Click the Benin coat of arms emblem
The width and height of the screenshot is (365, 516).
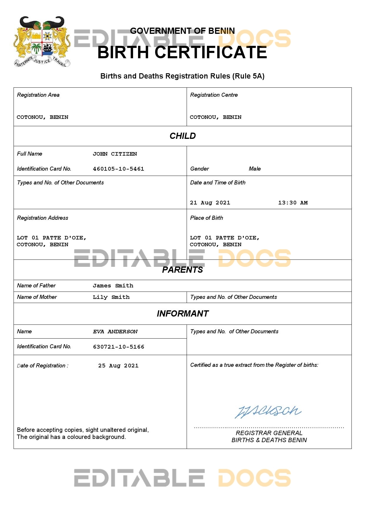tap(42, 41)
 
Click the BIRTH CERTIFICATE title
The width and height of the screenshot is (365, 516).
tap(182, 52)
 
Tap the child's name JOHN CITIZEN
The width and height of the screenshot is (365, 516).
tap(115, 154)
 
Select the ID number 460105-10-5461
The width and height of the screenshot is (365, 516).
tap(118, 169)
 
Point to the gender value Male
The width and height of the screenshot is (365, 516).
tap(255, 169)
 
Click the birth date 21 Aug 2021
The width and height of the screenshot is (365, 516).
tap(210, 203)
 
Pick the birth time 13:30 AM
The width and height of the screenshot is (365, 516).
tap(293, 203)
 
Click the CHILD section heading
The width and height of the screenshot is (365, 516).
tap(182, 136)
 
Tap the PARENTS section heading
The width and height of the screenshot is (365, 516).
tap(182, 270)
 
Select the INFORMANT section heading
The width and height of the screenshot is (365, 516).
tap(182, 314)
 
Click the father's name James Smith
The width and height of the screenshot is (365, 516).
tap(113, 286)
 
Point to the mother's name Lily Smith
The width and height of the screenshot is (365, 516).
tap(111, 297)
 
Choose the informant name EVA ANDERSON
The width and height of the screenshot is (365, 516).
tap(115, 332)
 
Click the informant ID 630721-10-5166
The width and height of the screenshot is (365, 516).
tap(119, 347)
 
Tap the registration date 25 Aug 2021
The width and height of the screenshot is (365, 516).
tap(118, 366)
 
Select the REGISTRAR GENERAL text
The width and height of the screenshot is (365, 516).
tap(269, 433)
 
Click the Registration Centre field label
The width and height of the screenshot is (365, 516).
tap(214, 95)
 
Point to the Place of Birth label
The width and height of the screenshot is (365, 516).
tap(206, 218)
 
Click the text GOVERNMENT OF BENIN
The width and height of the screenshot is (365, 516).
tap(182, 31)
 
